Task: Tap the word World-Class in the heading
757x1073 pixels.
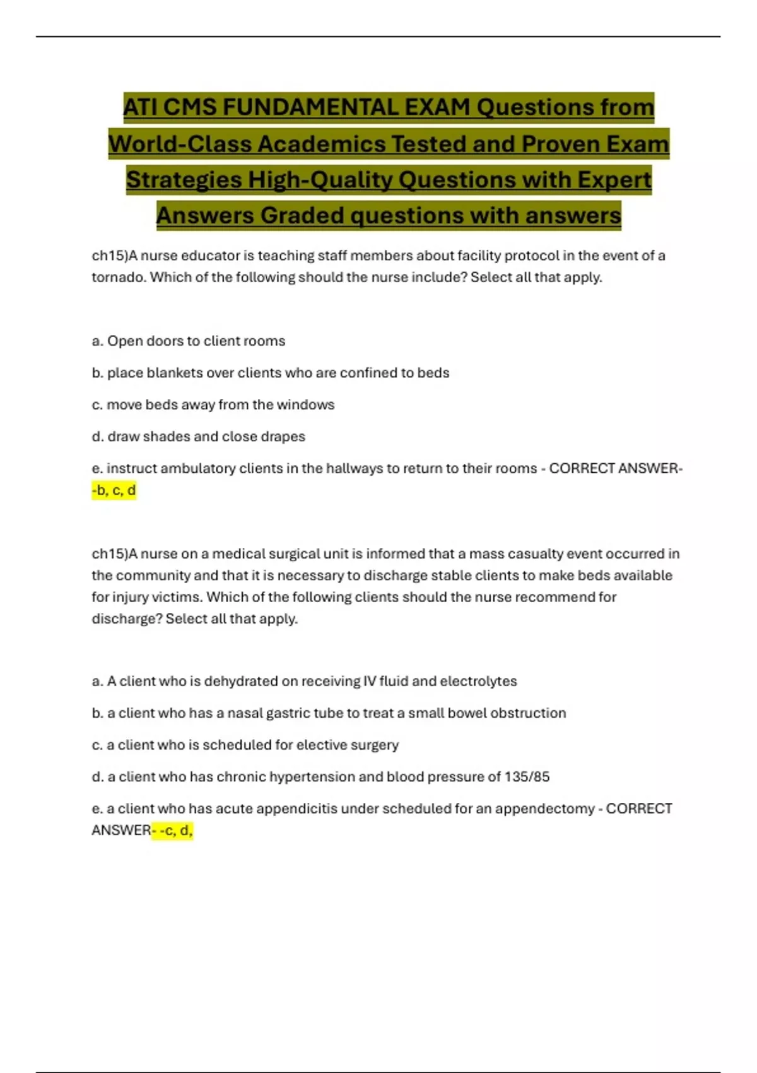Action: pyautogui.click(x=180, y=144)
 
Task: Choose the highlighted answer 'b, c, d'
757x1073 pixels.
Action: pyautogui.click(x=115, y=490)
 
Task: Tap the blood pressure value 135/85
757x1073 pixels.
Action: pyautogui.click(x=527, y=777)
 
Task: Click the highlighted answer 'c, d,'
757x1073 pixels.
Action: pyautogui.click(x=175, y=831)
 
